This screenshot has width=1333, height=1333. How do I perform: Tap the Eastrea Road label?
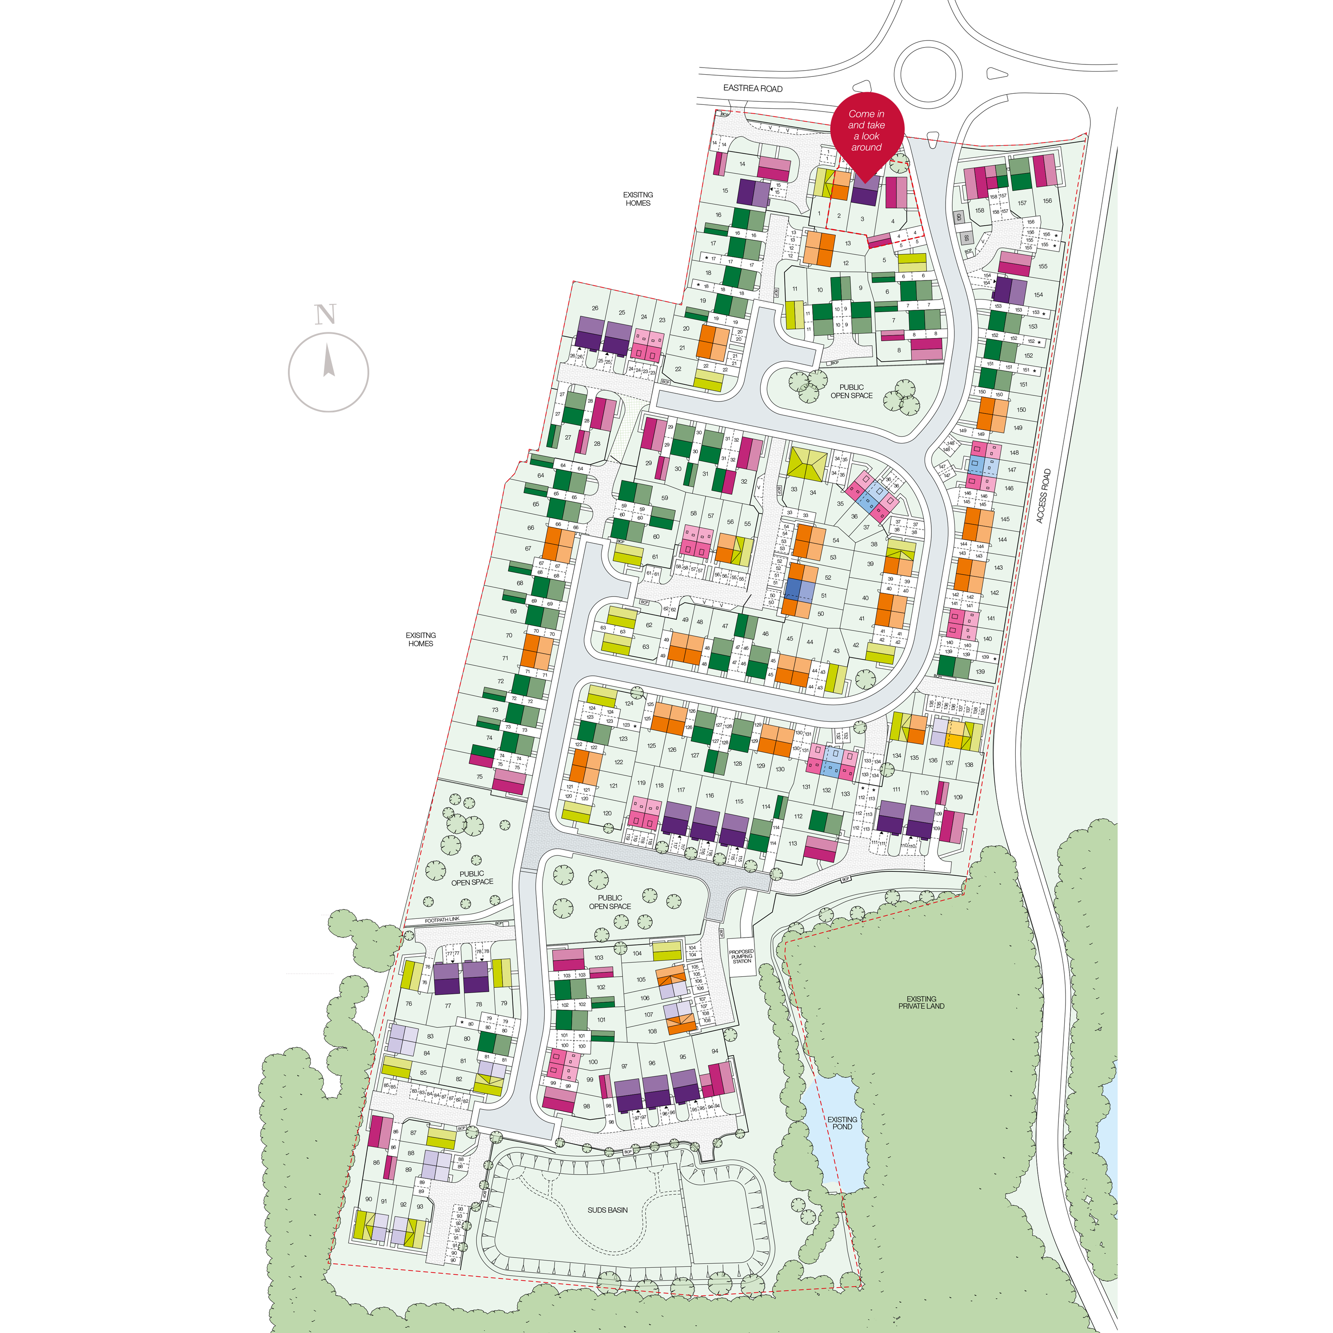pyautogui.click(x=752, y=88)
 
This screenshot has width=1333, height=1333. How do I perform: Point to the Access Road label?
pyautogui.click(x=1044, y=496)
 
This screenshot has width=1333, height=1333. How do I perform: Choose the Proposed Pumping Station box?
pyautogui.click(x=741, y=956)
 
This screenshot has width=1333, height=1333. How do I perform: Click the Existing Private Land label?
pyautogui.click(x=921, y=1002)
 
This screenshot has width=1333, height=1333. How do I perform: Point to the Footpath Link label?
pyautogui.click(x=442, y=920)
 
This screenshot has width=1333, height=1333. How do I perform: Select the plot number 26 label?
pyautogui.click(x=595, y=308)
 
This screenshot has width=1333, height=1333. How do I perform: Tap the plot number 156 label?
pyautogui.click(x=1047, y=201)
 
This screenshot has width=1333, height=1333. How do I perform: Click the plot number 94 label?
pyautogui.click(x=715, y=1051)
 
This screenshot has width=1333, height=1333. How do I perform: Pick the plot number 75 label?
pyautogui.click(x=479, y=777)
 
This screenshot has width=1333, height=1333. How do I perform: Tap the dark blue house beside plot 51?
pyautogui.click(x=794, y=589)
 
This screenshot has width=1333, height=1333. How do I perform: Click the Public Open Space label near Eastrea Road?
pyautogui.click(x=851, y=391)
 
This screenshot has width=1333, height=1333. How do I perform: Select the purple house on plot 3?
pyautogui.click(x=865, y=190)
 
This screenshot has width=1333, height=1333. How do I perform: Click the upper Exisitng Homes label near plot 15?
pyautogui.click(x=638, y=199)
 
